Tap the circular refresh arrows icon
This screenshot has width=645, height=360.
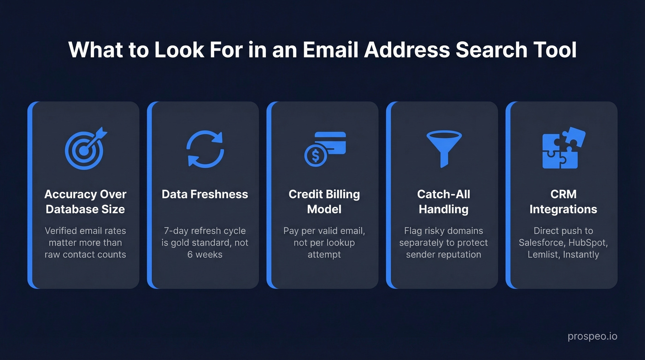pyautogui.click(x=205, y=148)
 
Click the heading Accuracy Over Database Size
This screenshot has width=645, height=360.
pyautogui.click(x=85, y=201)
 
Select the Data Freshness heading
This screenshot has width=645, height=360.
pyautogui.click(x=205, y=194)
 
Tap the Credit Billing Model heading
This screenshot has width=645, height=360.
pyautogui.click(x=324, y=201)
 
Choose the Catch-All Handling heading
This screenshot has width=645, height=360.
pyautogui.click(x=444, y=201)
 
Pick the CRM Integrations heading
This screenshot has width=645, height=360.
pyautogui.click(x=563, y=201)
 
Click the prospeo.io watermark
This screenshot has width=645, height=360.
pyautogui.click(x=592, y=337)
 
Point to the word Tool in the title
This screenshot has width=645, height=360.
pyautogui.click(x=556, y=50)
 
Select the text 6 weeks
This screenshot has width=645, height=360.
pyautogui.click(x=205, y=254)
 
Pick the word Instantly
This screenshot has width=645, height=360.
pyautogui.click(x=581, y=254)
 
